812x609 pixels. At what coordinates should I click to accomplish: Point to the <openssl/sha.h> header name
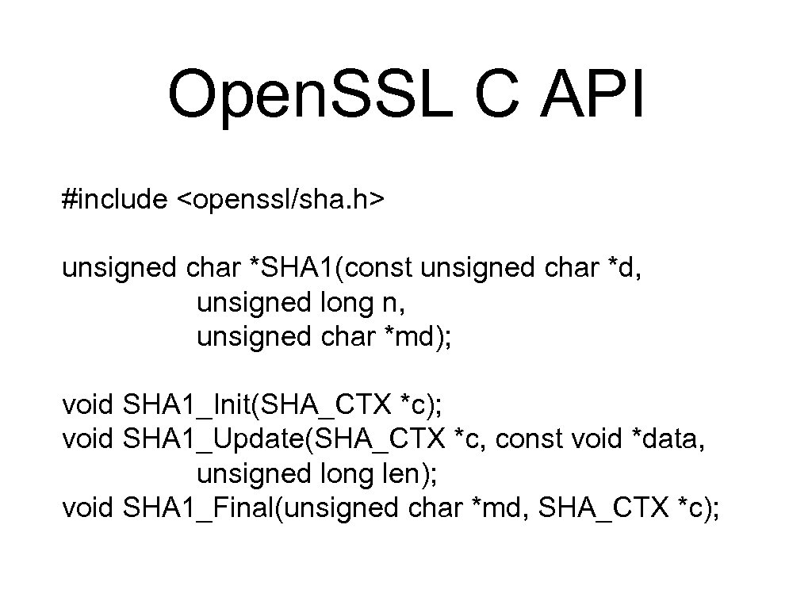click(x=280, y=200)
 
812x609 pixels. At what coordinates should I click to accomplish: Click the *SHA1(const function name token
click(x=331, y=268)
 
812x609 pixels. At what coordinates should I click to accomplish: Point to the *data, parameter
click(x=667, y=439)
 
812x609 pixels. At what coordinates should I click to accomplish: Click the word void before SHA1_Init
click(x=89, y=405)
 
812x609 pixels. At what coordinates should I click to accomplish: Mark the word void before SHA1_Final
click(x=89, y=507)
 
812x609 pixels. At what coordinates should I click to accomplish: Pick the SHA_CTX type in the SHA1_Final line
click(x=603, y=507)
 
